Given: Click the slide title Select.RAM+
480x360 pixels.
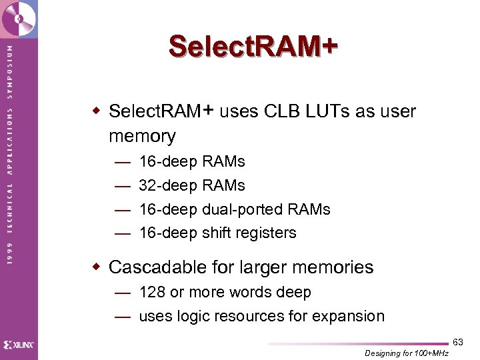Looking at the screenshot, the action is point(253,47).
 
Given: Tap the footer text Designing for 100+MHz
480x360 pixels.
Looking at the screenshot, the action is point(407,353).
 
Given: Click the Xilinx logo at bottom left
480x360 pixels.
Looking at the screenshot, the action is point(19,345).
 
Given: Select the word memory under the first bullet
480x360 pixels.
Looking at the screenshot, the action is point(142,136).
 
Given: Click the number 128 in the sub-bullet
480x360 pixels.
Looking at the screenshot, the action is point(152,292).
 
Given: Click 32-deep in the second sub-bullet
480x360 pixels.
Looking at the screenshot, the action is point(168,185).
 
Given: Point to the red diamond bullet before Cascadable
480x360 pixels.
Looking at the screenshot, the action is point(97,267).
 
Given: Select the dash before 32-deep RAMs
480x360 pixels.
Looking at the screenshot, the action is point(122,185).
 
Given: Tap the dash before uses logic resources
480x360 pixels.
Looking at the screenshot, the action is point(122,316).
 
